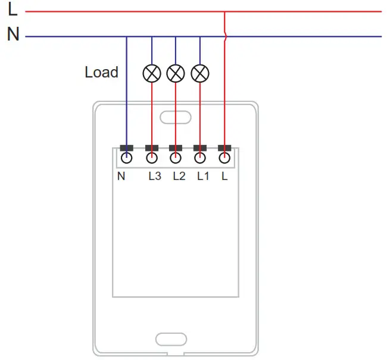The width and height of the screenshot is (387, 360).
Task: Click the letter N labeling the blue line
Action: [13, 35]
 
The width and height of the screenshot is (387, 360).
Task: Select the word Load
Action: [101, 72]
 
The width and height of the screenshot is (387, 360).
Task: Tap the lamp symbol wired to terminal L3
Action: [152, 73]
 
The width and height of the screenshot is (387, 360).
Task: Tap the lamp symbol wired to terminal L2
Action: [176, 73]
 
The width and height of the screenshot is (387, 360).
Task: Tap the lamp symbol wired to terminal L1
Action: [200, 73]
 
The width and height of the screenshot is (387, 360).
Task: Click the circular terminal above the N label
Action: [126, 158]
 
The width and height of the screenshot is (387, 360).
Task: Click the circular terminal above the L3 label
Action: [152, 158]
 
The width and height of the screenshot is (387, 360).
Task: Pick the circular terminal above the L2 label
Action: [176, 158]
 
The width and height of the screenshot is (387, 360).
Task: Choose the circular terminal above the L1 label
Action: [200, 158]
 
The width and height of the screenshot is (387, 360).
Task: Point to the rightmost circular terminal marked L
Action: [224, 158]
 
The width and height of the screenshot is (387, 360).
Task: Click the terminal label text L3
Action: [154, 176]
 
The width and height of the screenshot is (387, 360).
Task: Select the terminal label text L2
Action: [179, 176]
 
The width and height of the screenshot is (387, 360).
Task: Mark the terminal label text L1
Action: [203, 176]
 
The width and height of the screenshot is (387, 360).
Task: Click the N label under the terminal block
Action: [121, 176]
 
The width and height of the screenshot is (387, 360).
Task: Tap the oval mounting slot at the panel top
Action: [175, 117]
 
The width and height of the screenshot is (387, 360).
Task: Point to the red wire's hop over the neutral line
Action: [226, 37]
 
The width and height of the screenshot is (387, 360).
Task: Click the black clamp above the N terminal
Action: [126, 148]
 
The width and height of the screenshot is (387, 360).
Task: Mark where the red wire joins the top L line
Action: [224, 11]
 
